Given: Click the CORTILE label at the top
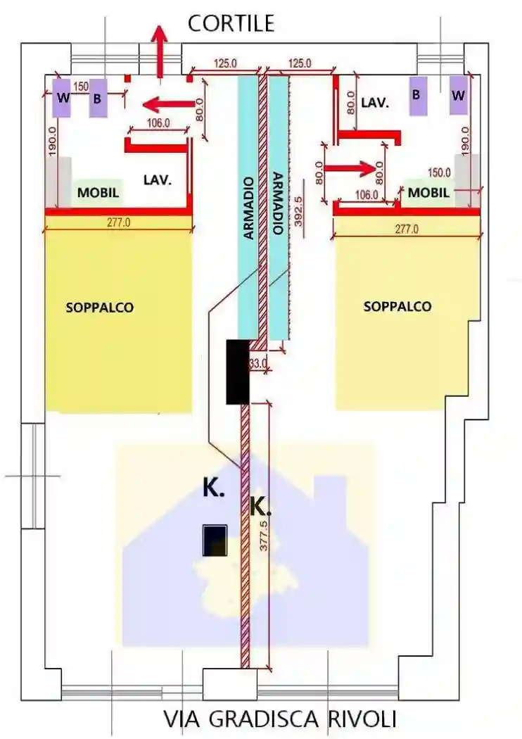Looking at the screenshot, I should (230, 23).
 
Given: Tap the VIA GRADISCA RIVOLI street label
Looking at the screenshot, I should (280, 719).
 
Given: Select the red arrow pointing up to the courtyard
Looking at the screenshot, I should (160, 49).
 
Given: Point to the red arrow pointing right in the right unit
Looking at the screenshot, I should (351, 168).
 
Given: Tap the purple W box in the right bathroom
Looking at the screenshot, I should (458, 95).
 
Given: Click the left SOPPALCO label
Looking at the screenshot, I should (99, 308).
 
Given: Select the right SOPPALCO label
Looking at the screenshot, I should (397, 307).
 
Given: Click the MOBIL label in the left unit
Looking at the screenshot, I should (98, 192).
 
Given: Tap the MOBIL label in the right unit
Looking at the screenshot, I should (428, 192).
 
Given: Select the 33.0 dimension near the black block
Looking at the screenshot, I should (258, 364).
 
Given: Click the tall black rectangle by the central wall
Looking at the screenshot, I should (237, 372).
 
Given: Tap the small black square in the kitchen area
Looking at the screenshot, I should (215, 541).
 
